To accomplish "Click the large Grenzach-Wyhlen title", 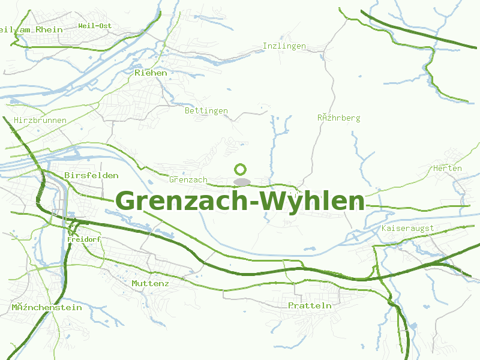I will [240, 201].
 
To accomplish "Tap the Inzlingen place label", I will [284, 46].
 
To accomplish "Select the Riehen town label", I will [151, 73].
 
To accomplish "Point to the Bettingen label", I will [206, 111].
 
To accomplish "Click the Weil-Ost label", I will [95, 26].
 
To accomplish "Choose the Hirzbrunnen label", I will [40, 121].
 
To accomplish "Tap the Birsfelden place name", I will [91, 176].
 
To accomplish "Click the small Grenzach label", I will [188, 179].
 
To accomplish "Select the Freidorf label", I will [84, 239].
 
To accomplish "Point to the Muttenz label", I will [150, 283].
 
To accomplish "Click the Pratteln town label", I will [310, 305].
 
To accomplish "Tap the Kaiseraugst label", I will [407, 229].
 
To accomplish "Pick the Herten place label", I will [448, 169].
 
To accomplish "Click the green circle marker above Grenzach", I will [241, 170].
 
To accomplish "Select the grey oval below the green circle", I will [242, 181].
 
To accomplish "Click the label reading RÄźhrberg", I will [338, 118].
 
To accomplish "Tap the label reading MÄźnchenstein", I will [47, 308].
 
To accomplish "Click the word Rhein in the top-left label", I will [49, 29].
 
